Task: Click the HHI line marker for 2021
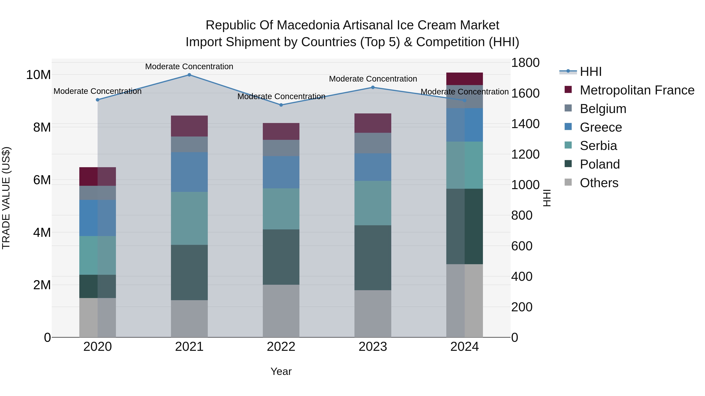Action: pos(189,75)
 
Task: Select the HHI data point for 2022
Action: pos(281,105)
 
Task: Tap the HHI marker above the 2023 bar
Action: pos(373,87)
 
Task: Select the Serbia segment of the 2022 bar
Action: pos(281,209)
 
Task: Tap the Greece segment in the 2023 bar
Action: pos(373,167)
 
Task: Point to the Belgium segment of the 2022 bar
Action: pos(281,148)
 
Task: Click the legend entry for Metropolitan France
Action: pos(637,90)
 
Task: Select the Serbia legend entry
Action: pos(598,146)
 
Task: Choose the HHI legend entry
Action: pos(591,72)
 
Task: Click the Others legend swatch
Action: pos(568,182)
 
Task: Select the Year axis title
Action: pos(281,371)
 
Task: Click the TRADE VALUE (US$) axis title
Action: pos(6,198)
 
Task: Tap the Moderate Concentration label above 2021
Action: pos(189,66)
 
